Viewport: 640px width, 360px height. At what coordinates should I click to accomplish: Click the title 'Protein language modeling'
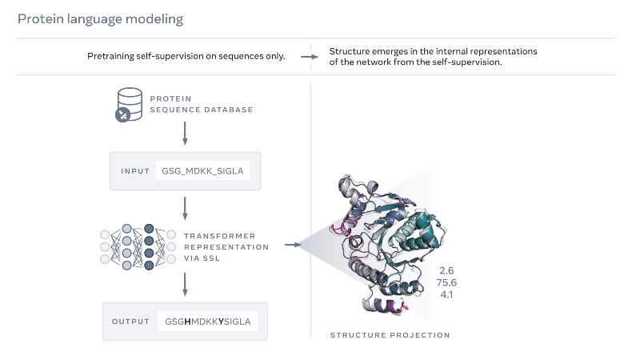click(x=101, y=19)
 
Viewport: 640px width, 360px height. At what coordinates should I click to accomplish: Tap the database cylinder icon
click(x=129, y=105)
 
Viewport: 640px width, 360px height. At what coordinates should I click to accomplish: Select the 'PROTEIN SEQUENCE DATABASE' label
click(x=202, y=104)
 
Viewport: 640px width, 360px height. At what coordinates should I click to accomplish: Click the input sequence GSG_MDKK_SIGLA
click(x=202, y=171)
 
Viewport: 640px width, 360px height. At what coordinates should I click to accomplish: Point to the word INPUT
click(x=135, y=171)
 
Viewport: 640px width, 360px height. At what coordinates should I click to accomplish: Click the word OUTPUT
click(x=130, y=322)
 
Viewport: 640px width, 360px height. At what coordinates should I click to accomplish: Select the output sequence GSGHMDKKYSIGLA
click(x=208, y=322)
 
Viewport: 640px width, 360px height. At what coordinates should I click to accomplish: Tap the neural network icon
click(x=138, y=246)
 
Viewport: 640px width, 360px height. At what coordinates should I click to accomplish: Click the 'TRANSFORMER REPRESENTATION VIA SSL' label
click(x=226, y=247)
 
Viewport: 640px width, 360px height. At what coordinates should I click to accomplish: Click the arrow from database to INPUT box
click(x=185, y=134)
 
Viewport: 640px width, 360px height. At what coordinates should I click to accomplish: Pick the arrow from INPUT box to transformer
click(x=185, y=209)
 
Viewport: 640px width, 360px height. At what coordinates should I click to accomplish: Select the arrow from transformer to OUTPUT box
click(x=185, y=285)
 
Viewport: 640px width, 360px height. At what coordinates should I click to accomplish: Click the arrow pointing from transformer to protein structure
click(x=293, y=245)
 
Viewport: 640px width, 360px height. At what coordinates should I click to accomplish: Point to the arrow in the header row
click(x=310, y=57)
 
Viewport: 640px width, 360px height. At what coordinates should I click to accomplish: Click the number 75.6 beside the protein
click(x=446, y=282)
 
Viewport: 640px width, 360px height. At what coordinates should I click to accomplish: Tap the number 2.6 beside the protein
click(x=446, y=270)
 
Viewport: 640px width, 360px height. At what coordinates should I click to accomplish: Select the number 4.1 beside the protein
click(x=447, y=294)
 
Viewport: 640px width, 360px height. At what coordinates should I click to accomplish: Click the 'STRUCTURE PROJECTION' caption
click(x=390, y=335)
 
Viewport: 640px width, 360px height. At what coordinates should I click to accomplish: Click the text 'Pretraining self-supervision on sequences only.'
click(x=186, y=56)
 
